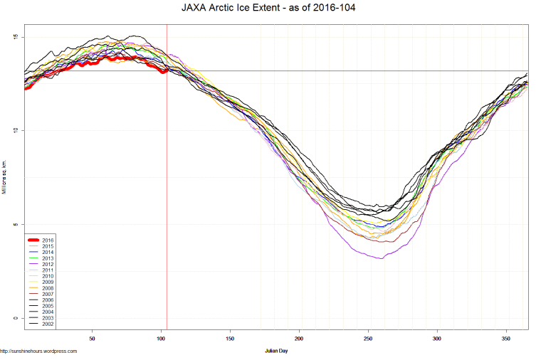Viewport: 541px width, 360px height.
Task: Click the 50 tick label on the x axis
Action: (x=92, y=339)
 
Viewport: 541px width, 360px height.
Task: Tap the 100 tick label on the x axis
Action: (x=161, y=339)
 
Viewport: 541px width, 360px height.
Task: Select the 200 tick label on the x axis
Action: (x=299, y=339)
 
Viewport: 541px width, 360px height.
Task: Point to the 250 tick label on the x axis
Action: (x=368, y=339)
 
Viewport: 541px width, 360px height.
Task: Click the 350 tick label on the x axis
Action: (x=506, y=339)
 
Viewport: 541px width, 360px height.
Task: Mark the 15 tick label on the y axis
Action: (x=16, y=37)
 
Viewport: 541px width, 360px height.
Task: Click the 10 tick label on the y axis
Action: (x=16, y=131)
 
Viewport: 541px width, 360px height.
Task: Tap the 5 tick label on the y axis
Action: (x=17, y=225)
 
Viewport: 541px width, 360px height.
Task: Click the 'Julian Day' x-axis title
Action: (x=275, y=351)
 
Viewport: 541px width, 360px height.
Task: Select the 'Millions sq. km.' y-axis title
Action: (x=5, y=178)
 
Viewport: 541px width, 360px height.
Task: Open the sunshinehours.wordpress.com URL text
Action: (x=38, y=351)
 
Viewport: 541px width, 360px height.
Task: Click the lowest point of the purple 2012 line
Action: (x=382, y=258)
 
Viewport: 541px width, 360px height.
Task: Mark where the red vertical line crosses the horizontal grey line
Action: (x=167, y=71)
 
